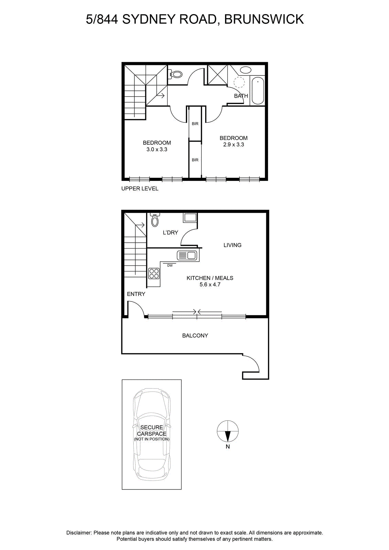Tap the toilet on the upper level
[175, 74]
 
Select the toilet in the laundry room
[155, 220]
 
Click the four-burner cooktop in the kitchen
[154, 274]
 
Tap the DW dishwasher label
[170, 265]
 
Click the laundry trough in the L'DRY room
[190, 218]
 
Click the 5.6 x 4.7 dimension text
[210, 285]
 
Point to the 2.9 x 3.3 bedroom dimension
[233, 145]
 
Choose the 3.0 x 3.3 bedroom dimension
[157, 149]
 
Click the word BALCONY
[195, 335]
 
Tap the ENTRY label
[136, 294]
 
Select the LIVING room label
[232, 245]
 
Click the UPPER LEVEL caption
[140, 189]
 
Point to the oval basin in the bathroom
[245, 70]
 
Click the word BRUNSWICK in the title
[264, 19]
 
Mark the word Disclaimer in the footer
[79, 533]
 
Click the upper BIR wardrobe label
[195, 124]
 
